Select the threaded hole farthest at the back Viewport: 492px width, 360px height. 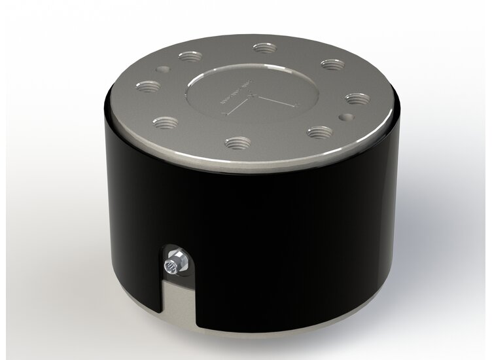(x=264, y=48)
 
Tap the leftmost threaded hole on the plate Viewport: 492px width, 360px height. (x=150, y=86)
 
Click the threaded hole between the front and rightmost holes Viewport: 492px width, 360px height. (x=319, y=131)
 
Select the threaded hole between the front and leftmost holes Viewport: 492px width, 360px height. (x=169, y=121)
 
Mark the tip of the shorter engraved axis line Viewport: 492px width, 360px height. (x=227, y=115)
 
